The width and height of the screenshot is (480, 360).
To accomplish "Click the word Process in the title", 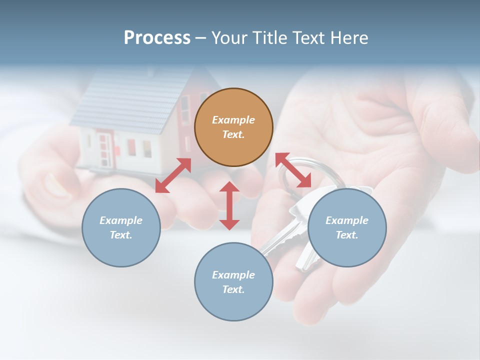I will [157, 37].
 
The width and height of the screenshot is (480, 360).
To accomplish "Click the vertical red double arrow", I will [229, 205].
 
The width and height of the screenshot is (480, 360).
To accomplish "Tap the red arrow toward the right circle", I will [293, 170].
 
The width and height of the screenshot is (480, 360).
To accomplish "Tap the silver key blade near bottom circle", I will [275, 240].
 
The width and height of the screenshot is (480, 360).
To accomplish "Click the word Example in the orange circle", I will [233, 120].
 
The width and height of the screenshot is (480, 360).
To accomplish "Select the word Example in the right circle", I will [347, 220].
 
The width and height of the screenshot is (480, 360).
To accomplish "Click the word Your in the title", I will [229, 37].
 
